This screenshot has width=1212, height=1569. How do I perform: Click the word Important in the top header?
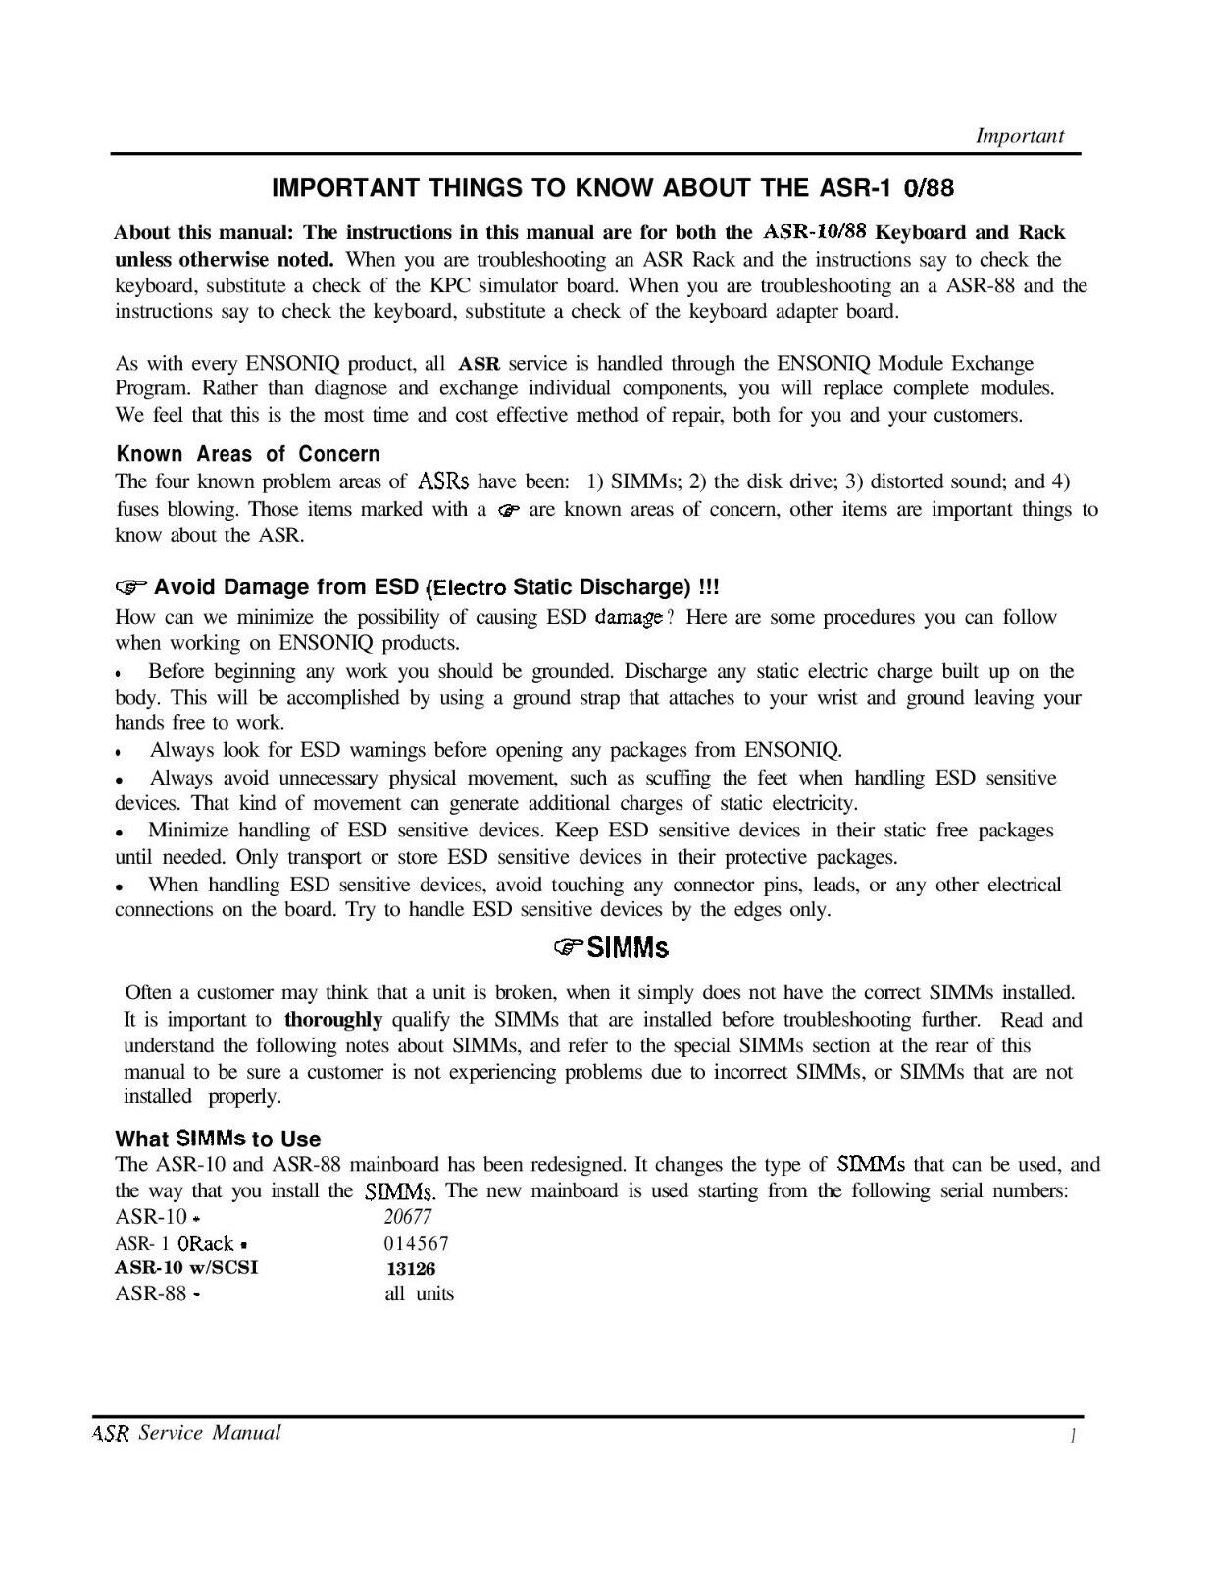[1020, 136]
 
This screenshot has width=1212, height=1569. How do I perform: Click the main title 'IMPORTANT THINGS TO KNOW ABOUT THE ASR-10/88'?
[619, 187]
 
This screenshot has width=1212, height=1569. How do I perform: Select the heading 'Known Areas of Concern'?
[247, 454]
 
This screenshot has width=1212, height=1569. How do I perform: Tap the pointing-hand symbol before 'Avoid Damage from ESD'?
[131, 588]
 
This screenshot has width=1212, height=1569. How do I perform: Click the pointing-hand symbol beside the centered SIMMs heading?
[567, 947]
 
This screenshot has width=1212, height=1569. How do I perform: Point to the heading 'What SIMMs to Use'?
[218, 1139]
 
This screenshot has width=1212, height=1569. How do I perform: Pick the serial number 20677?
[409, 1216]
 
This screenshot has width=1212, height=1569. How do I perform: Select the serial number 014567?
[417, 1242]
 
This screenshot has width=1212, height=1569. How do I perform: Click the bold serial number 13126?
[411, 1268]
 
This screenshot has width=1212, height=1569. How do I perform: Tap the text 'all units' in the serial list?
[420, 1293]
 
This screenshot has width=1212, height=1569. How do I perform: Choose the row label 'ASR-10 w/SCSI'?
[187, 1268]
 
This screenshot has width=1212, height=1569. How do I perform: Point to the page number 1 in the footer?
[1075, 1437]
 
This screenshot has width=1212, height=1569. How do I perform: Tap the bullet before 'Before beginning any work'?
[119, 675]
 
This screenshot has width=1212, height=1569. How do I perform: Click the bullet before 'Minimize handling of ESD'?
[119, 833]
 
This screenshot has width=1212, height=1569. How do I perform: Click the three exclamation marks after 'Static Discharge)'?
[708, 587]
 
